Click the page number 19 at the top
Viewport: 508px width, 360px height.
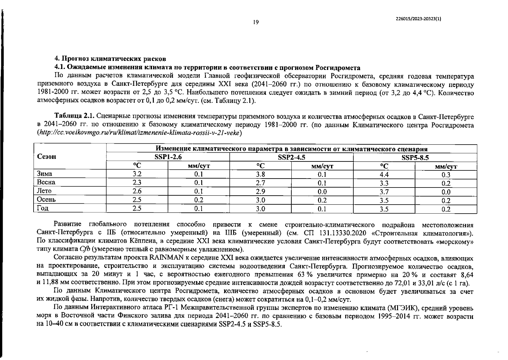[256, 22]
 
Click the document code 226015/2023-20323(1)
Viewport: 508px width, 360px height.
[418, 19]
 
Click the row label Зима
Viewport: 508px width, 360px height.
[44, 174]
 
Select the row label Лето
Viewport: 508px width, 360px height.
[44, 191]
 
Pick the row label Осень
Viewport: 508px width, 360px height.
[46, 199]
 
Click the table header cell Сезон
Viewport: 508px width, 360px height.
[46, 157]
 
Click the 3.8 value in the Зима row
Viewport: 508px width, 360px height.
[260, 175]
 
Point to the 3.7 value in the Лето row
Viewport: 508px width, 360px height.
[384, 192]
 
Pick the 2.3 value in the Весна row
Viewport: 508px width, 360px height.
[137, 183]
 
